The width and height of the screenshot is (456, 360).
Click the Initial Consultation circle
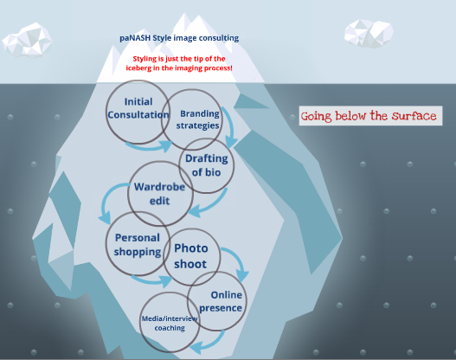[138, 109]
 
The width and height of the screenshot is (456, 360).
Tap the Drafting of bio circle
[207, 164]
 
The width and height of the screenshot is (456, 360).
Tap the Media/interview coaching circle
[170, 324]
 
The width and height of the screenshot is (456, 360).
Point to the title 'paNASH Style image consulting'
[179, 38]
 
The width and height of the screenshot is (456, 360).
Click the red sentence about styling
[183, 62]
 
